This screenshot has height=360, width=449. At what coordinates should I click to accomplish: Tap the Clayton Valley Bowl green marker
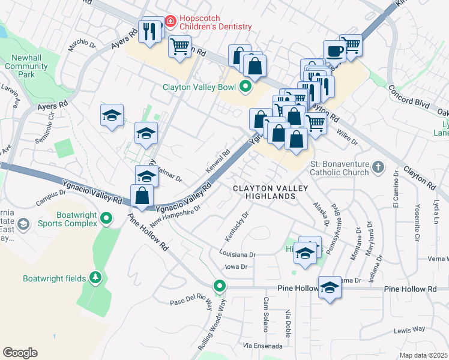point(245,87)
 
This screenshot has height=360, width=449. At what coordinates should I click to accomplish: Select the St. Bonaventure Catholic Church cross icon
point(378,166)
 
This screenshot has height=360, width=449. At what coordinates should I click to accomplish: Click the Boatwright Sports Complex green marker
point(107,218)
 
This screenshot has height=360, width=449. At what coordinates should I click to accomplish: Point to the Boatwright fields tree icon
point(94,278)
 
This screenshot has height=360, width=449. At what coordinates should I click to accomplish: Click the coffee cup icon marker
point(334,50)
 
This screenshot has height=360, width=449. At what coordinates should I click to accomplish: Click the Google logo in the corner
point(20,353)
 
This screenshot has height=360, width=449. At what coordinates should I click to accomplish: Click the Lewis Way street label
point(409,329)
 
